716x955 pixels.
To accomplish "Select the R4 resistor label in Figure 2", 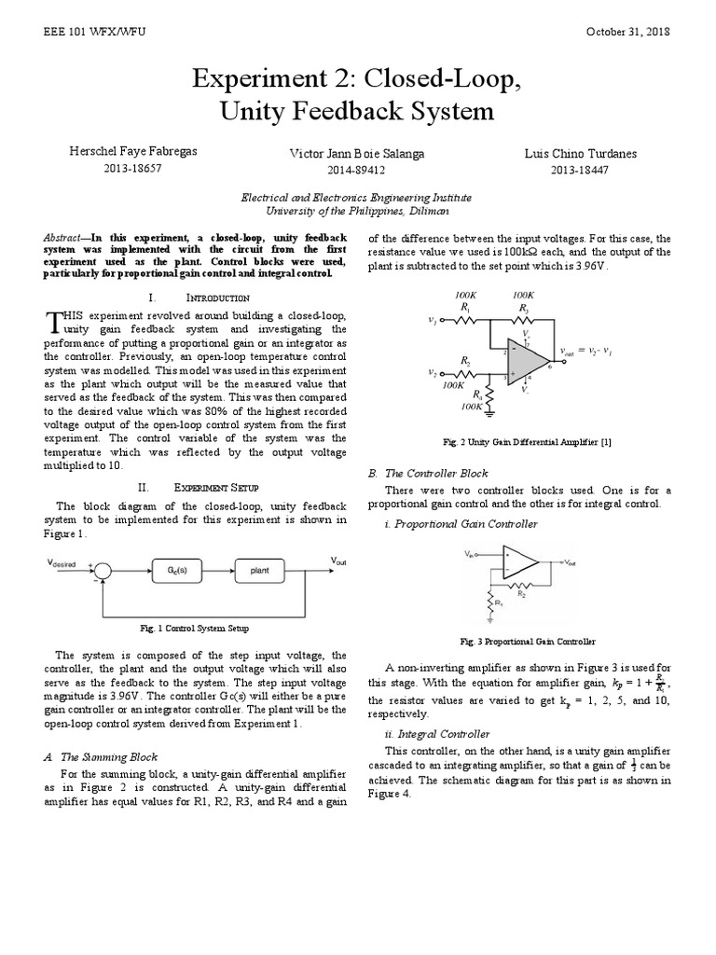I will click(x=478, y=394).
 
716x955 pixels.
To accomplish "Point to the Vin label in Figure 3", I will click(x=470, y=554).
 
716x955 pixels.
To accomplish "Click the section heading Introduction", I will click(x=218, y=298).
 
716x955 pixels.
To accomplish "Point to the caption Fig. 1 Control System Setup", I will click(x=195, y=629).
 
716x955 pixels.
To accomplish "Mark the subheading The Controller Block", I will click(x=435, y=474).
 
